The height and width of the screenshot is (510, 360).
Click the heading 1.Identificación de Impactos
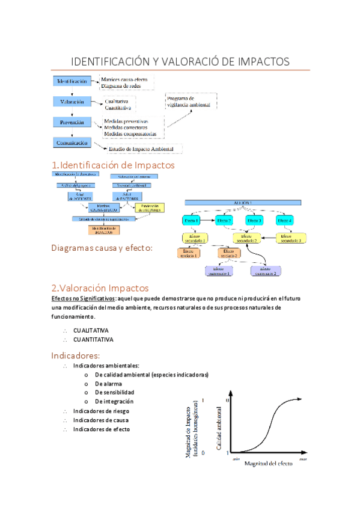tap(113, 165)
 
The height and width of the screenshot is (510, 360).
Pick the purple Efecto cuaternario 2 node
tap(266, 271)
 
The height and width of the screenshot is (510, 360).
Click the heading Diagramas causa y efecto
tap(102, 248)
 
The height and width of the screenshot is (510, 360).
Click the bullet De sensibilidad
tap(114, 392)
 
